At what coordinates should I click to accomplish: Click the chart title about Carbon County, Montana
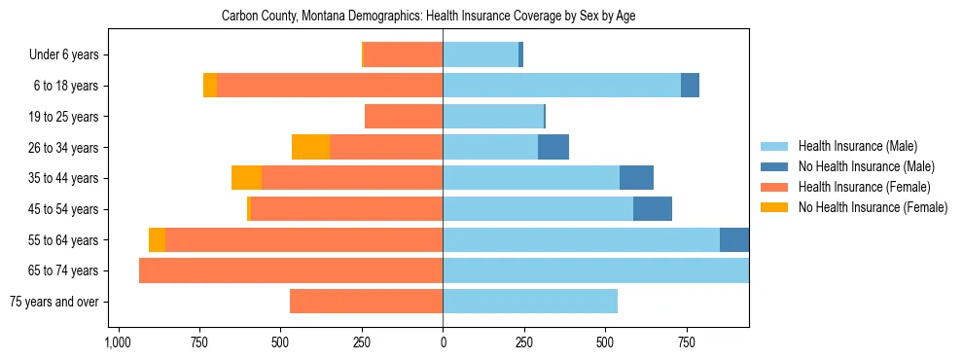point(428,17)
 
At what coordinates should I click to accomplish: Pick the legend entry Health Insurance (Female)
point(864,187)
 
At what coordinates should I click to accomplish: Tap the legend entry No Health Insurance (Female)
point(873,207)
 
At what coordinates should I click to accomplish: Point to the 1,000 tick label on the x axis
point(118,342)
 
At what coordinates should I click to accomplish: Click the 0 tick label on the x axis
point(443,342)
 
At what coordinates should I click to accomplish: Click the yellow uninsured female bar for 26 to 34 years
point(310,147)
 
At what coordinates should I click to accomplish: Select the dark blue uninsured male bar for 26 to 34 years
point(553,147)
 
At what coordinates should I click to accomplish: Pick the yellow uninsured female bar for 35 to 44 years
point(246,178)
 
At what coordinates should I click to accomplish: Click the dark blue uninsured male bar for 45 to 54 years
point(653,209)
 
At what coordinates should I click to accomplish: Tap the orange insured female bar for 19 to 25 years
point(404,117)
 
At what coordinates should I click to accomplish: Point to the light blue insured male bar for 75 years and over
point(530,302)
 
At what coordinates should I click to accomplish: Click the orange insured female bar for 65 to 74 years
point(291,270)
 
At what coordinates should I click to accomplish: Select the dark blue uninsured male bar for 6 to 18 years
point(690,86)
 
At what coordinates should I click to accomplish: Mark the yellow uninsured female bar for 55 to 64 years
point(157,239)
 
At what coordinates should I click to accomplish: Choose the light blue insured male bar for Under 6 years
point(481,55)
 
